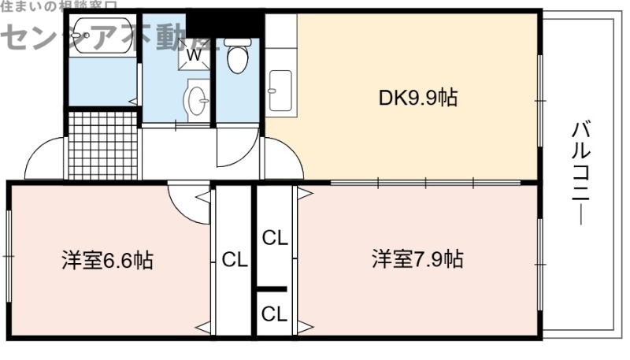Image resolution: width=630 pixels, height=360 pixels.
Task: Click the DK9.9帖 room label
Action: tap(418, 98)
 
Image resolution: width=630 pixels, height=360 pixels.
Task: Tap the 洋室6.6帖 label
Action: tap(107, 259)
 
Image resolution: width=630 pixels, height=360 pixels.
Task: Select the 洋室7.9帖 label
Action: tap(417, 259)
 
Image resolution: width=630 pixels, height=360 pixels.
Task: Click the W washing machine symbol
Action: tap(194, 55)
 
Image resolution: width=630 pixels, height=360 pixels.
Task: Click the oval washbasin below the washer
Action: tap(196, 101)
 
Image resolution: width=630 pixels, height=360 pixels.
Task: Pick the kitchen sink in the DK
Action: tap(280, 90)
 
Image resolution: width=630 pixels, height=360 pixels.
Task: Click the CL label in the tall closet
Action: tap(234, 259)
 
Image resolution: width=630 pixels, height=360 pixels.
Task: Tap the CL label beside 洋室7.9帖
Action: tap(275, 238)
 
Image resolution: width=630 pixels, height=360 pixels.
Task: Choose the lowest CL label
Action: tap(275, 314)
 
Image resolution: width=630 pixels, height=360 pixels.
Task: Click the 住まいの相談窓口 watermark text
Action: tap(55, 6)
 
